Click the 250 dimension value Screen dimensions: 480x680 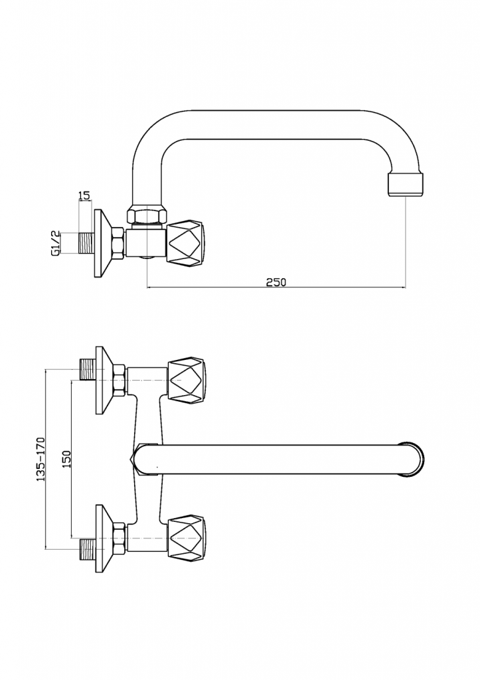tap(276, 282)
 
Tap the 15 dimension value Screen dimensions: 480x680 tap(84, 196)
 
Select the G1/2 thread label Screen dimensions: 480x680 tap(55, 244)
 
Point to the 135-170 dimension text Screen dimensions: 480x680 tap(40, 460)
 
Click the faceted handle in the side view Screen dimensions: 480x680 tap(186, 244)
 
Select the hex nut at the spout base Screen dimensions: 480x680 tap(147, 216)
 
